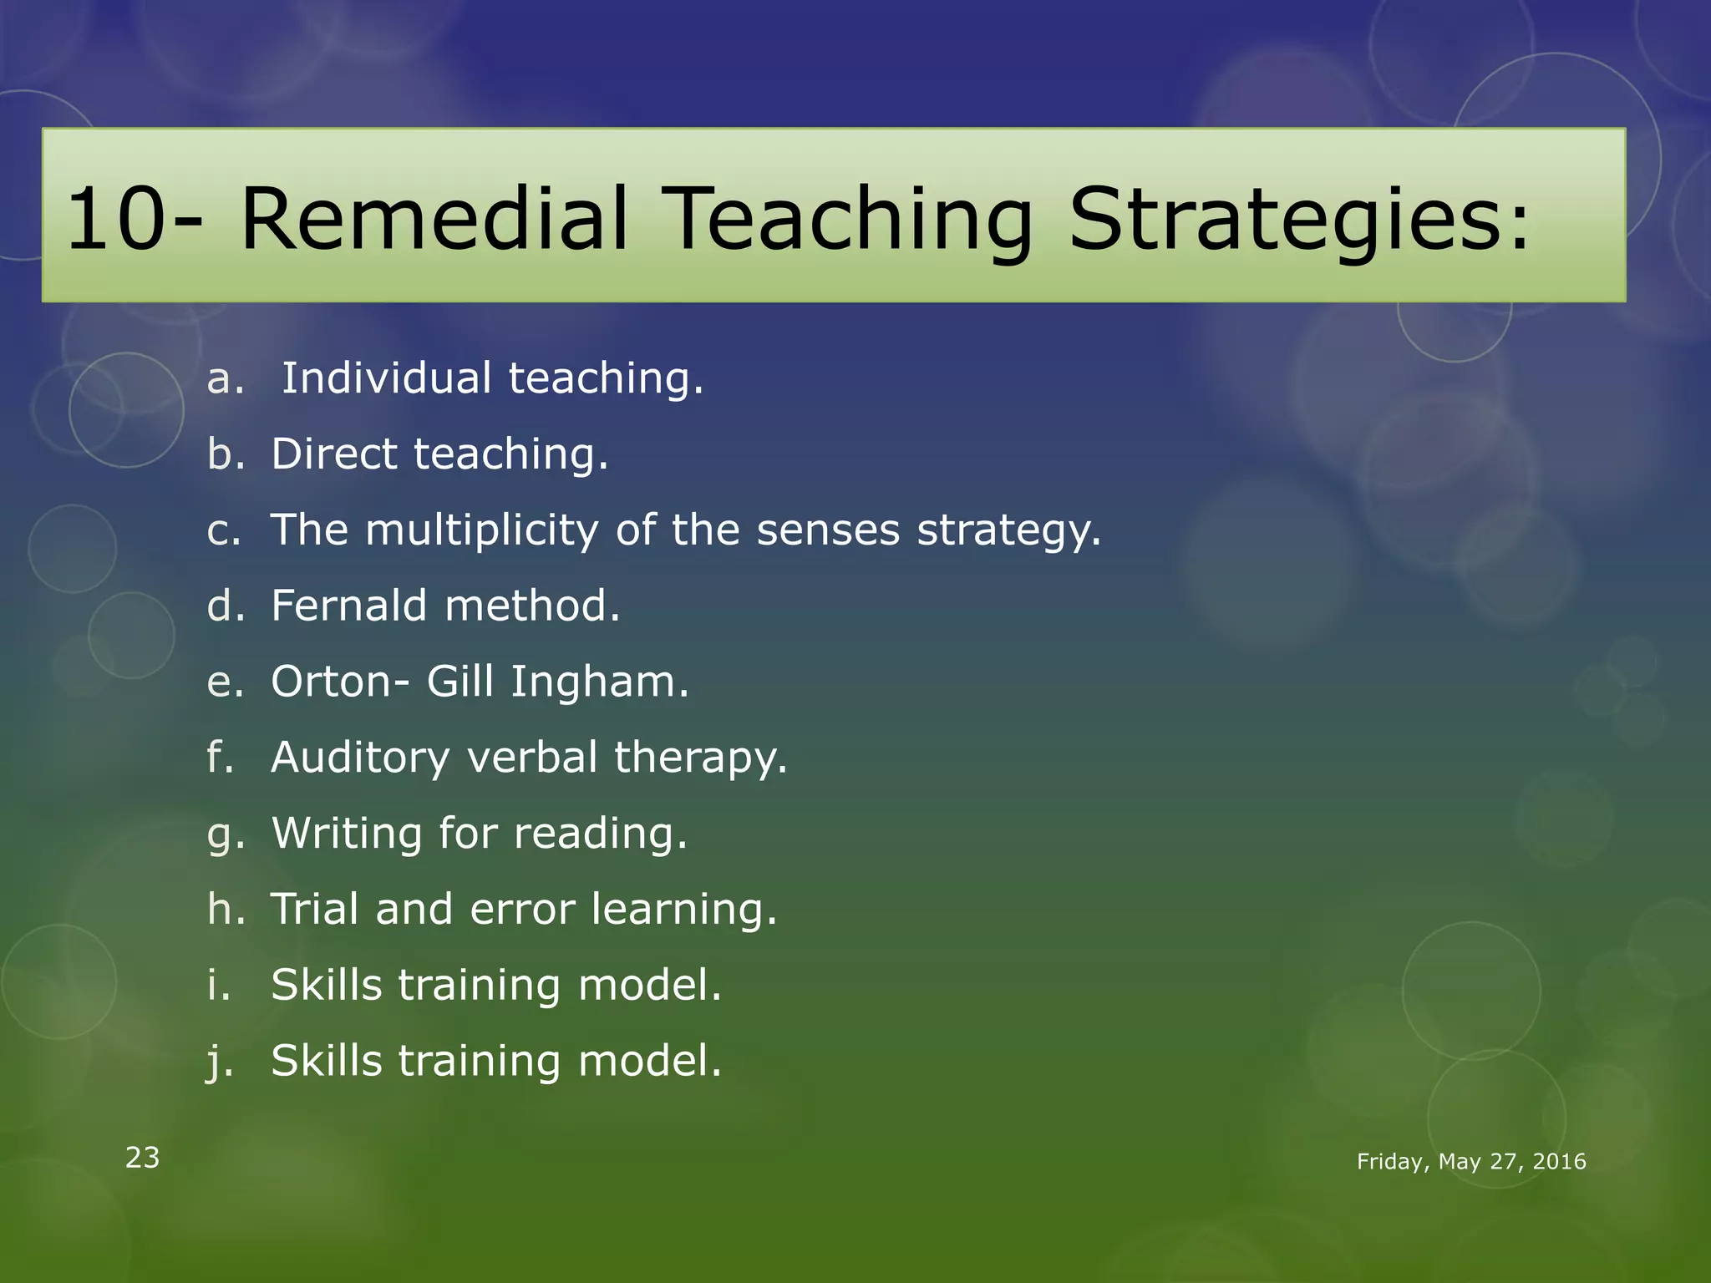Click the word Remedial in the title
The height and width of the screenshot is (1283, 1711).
click(434, 219)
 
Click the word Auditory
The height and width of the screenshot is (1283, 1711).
click(360, 758)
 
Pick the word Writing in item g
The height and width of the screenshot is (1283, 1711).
click(347, 834)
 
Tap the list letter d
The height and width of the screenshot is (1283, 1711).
click(223, 606)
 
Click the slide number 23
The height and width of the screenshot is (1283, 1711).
click(142, 1158)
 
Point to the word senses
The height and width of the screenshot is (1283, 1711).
click(828, 530)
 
